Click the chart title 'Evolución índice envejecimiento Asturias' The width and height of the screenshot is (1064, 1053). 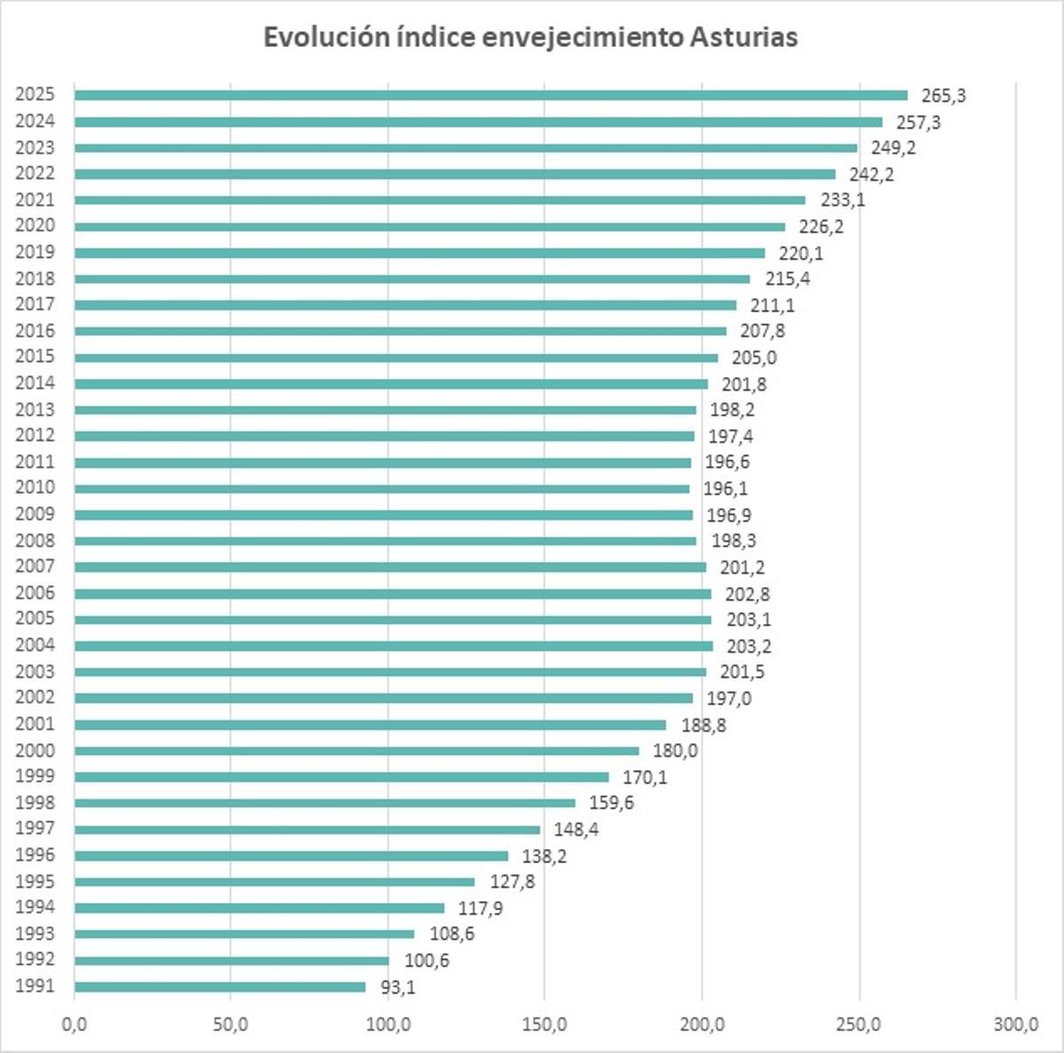point(530,37)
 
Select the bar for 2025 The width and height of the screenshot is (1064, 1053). point(490,95)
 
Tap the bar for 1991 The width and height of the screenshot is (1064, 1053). point(220,986)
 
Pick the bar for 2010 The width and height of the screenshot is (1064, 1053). point(381,488)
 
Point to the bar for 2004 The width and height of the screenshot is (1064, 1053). point(393,646)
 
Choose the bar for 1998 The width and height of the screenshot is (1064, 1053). point(325,803)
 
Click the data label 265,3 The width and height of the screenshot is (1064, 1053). point(943,96)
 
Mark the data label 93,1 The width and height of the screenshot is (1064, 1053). point(397,987)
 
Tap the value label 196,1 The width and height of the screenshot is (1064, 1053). point(725,489)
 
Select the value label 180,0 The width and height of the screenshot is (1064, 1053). point(675,750)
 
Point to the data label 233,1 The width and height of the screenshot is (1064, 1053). point(842,200)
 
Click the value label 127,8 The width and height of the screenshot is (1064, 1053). point(511,882)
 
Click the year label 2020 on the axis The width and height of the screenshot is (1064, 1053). point(35,226)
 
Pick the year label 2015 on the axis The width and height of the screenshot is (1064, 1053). point(35,357)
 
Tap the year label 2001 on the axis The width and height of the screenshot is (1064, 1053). point(35,724)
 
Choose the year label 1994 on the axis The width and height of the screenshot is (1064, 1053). point(35,907)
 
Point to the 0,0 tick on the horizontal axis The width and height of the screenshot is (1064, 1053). point(74,1025)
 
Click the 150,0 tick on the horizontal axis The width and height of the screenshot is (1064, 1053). point(544,1025)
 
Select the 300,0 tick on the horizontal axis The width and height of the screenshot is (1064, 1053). point(1015,1025)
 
